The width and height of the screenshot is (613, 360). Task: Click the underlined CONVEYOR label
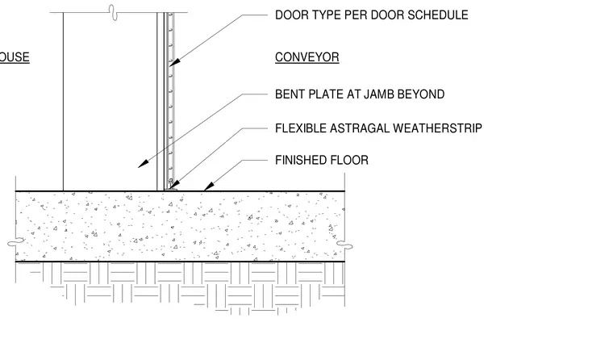306,57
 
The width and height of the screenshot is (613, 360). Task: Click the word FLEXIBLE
301,128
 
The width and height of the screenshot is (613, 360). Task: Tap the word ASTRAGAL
360,128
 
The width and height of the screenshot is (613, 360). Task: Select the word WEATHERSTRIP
437,128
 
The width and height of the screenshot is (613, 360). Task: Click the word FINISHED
301,160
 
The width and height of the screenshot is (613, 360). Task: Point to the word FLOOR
349,160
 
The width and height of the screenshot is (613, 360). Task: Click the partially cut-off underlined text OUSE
15,57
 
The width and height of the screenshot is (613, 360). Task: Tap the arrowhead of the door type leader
175,62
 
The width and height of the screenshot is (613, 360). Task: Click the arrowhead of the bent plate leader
143,164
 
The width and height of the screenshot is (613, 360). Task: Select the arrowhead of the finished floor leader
209,186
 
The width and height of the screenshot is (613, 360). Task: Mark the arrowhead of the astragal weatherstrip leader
175,185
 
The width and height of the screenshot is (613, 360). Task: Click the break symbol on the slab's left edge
15,242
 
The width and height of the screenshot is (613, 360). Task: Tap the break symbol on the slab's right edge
345,245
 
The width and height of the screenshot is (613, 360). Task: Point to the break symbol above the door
113,13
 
